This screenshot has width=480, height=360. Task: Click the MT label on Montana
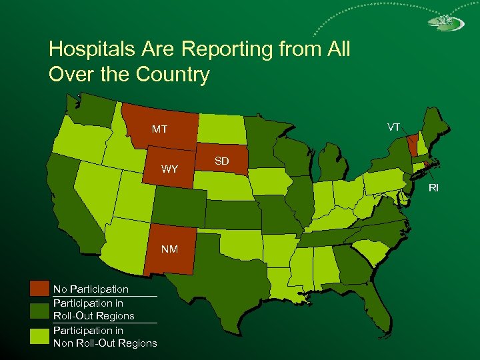click(159, 129)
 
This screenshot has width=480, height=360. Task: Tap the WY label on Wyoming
click(170, 169)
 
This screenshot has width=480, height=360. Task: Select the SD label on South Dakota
click(221, 161)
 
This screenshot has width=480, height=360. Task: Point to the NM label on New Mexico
click(169, 249)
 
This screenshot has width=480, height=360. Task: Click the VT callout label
click(394, 127)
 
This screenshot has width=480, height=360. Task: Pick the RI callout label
click(433, 188)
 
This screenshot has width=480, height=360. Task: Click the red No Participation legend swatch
click(39, 289)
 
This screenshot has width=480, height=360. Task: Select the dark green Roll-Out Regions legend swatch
click(39, 309)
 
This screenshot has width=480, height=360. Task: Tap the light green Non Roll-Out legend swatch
click(39, 337)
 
